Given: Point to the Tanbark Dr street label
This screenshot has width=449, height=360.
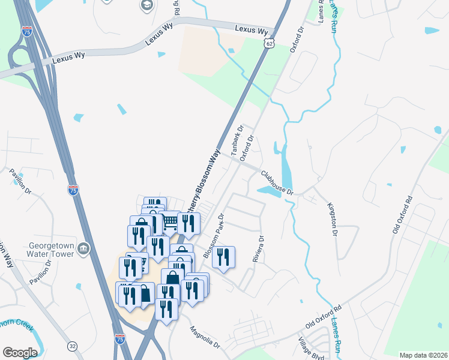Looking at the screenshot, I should (x=237, y=140).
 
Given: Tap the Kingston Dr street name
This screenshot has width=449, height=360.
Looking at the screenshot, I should (x=333, y=218).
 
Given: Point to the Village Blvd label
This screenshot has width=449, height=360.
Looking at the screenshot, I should (x=312, y=347).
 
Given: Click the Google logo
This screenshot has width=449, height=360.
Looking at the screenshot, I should (x=20, y=352).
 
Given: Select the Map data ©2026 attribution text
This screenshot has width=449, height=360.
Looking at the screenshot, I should (x=423, y=355).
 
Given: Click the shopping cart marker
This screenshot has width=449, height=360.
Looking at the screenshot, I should (x=170, y=222).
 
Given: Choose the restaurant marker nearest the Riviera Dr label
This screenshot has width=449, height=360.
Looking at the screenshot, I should (x=223, y=257).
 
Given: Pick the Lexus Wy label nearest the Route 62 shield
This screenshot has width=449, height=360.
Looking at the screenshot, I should (x=251, y=29).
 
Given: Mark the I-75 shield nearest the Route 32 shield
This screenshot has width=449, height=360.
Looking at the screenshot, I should (x=119, y=339).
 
